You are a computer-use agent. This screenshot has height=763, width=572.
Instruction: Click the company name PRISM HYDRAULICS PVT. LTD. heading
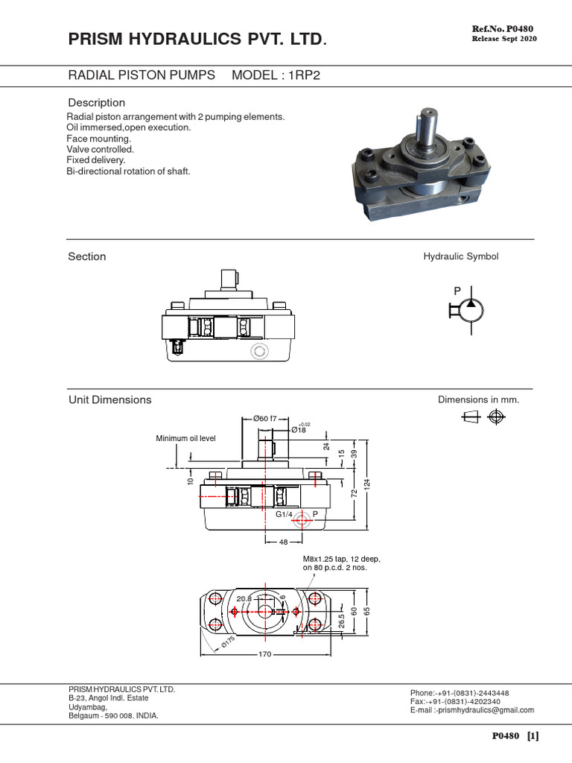pos(197,39)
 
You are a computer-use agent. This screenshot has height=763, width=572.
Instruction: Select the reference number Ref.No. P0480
pos(504,28)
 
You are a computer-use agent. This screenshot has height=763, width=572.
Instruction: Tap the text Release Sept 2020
pos(504,39)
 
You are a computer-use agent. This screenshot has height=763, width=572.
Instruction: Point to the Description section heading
pos(97,103)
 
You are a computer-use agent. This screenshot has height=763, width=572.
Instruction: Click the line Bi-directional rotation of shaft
pos(129,171)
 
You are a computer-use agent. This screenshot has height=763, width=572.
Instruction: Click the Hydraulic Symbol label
pos(461,256)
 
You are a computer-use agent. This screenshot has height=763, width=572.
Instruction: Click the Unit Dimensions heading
pos(109,400)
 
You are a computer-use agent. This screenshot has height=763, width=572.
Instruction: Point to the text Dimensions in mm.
pos(478,400)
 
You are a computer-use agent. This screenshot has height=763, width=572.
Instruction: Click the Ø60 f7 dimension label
pos(265,419)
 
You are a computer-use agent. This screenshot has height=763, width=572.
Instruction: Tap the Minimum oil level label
pos(185,438)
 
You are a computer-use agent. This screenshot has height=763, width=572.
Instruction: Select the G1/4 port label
pos(285,514)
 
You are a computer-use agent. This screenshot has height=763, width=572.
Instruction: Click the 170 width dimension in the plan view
pos(264,655)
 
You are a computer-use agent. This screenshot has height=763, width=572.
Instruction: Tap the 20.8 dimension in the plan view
pos(244,598)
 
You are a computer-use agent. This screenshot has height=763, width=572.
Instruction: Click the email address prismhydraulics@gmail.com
pos(472,710)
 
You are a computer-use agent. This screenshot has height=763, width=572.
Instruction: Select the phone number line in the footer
pos(460,692)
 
